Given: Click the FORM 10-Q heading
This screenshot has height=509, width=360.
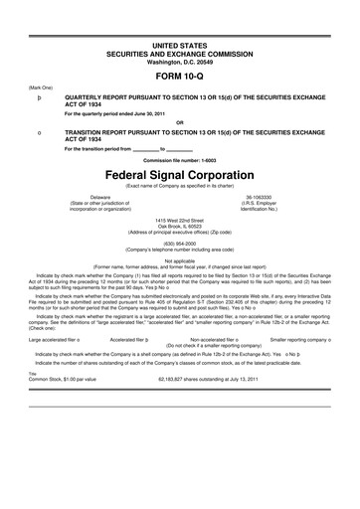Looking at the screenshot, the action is pos(180,76).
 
